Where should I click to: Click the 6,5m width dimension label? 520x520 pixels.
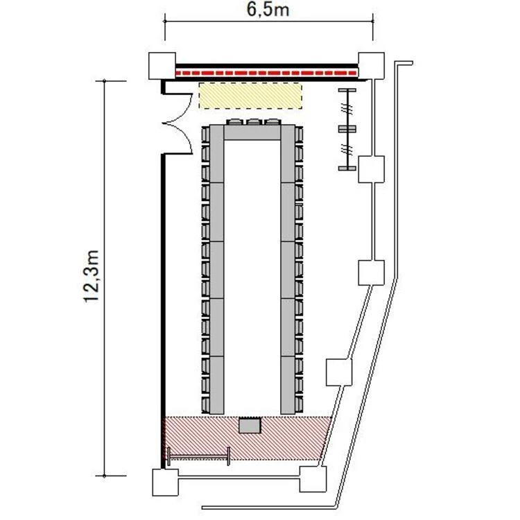(268, 9)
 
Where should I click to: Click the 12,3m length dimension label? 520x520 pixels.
(92, 276)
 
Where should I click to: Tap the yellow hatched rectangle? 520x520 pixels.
(250, 96)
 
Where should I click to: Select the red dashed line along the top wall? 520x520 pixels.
(266, 73)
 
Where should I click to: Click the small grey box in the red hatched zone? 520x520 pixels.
(250, 426)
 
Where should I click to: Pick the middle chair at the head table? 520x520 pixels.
(254, 122)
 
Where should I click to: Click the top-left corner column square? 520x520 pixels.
(162, 66)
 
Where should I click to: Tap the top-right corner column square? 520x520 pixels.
(371, 66)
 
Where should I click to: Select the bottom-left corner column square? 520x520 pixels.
(165, 482)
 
